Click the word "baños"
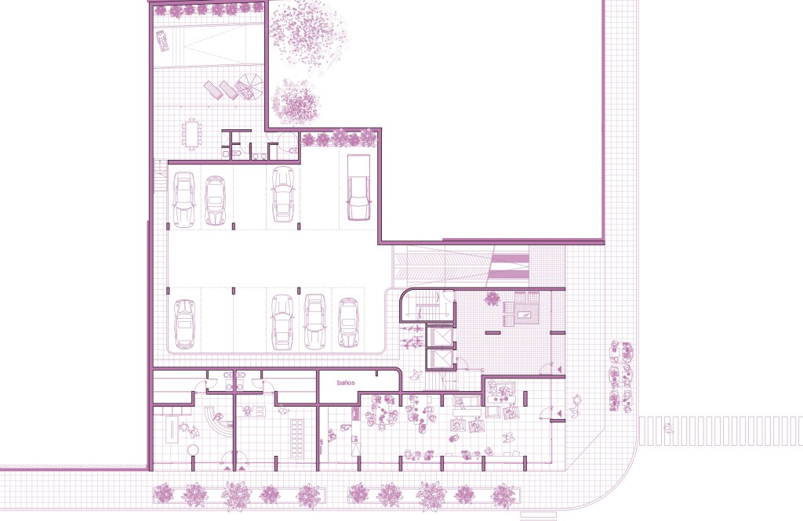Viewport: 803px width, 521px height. (x=346, y=383)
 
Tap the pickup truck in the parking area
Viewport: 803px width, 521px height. (x=358, y=187)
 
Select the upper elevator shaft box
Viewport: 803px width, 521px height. (x=440, y=337)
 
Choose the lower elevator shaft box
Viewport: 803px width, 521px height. (x=440, y=360)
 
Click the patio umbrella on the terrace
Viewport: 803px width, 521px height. (x=250, y=87)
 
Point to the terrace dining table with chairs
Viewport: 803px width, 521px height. (x=193, y=134)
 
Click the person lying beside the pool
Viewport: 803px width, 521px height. (x=163, y=41)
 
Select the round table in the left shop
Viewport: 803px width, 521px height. (x=193, y=450)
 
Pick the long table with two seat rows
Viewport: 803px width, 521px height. (x=296, y=439)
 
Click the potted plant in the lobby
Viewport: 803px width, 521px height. (x=492, y=298)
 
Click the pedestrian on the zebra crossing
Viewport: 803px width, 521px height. (x=668, y=429)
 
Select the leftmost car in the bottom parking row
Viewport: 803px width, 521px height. (x=185, y=324)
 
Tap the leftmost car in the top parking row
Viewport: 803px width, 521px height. (x=183, y=199)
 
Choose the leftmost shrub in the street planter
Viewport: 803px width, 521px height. (x=164, y=494)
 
